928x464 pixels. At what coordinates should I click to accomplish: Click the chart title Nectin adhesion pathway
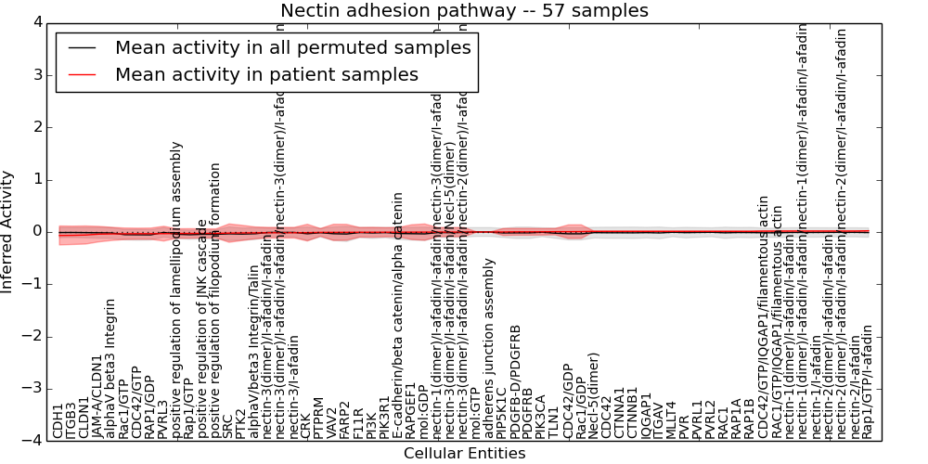click(464, 11)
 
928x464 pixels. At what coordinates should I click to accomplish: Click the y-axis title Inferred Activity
click(8, 231)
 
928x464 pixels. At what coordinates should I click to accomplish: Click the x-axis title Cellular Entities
click(464, 454)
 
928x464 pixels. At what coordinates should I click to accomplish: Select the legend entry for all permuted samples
click(292, 48)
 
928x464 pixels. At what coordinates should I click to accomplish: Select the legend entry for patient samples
click(266, 75)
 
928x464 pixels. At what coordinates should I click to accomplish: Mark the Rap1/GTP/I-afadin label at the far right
click(867, 381)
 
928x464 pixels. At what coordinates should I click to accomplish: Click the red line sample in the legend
click(82, 75)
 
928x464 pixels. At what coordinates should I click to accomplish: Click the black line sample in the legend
click(82, 48)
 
